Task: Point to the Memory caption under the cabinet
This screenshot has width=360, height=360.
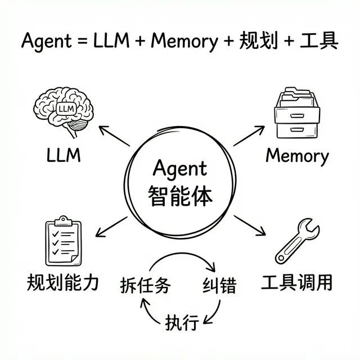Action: [x=297, y=156]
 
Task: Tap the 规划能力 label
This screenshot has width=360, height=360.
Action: [x=62, y=282]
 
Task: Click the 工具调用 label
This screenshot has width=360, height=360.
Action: [x=297, y=282]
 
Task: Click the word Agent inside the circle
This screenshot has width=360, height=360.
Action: [x=180, y=169]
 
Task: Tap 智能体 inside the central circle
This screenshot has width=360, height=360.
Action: [x=180, y=196]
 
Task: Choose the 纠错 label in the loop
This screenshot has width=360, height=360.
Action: [x=218, y=286]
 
